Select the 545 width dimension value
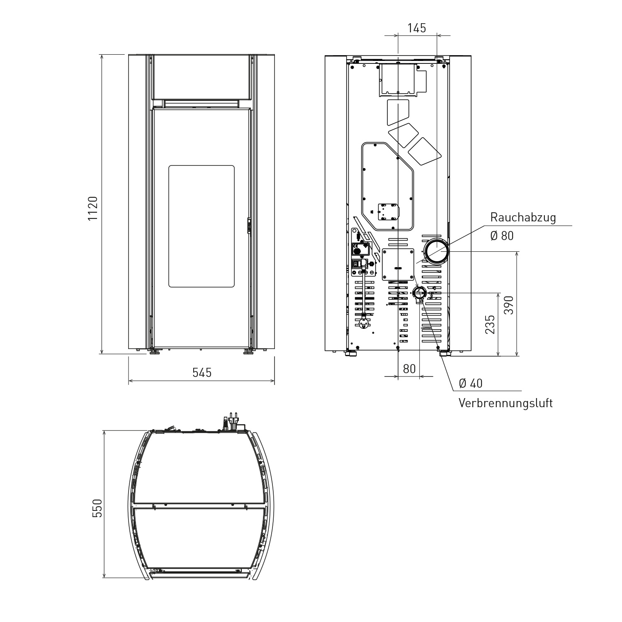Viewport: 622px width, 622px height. (x=202, y=372)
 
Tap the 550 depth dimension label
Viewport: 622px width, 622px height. (x=97, y=508)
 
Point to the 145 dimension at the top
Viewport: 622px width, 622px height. (x=417, y=28)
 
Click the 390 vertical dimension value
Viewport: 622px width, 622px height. (x=509, y=305)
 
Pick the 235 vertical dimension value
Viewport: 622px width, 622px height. (x=491, y=324)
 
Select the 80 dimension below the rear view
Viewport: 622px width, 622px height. (x=409, y=369)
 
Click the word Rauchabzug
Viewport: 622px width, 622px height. (x=523, y=217)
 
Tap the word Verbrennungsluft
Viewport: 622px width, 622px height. (x=505, y=403)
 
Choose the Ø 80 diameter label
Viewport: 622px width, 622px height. (x=502, y=236)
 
